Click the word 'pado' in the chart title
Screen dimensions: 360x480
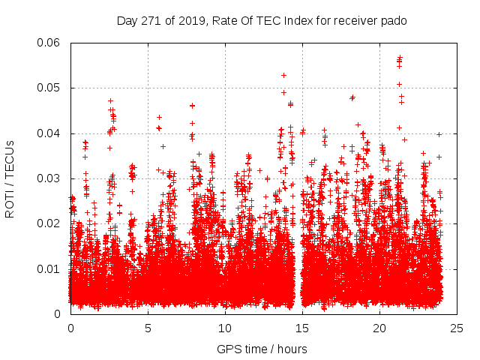(393, 20)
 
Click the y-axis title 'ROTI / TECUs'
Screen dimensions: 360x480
(10, 178)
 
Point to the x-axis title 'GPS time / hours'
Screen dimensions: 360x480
(262, 349)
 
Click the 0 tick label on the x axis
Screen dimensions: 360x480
(70, 328)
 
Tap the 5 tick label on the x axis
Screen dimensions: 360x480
(148, 328)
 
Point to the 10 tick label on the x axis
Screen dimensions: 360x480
(225, 328)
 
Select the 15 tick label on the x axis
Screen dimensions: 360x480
(302, 328)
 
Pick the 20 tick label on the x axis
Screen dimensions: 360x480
(379, 328)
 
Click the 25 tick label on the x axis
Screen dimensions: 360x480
(457, 328)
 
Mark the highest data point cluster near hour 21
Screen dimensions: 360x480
(400, 58)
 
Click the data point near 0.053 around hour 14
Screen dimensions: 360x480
(283, 75)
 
